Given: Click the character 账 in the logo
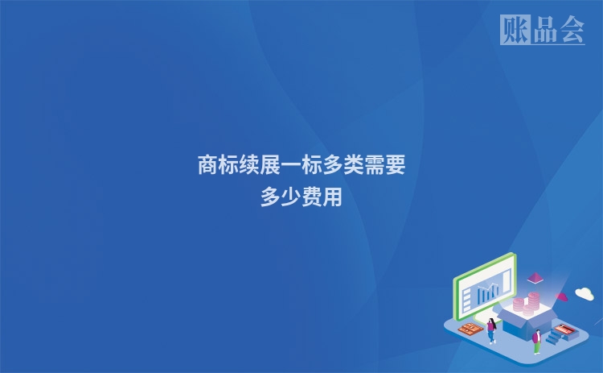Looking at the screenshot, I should coord(514,30).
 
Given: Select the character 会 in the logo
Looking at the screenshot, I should coord(571,30).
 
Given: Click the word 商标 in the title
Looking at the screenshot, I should coord(218,166).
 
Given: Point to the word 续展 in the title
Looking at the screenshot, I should coord(260,166).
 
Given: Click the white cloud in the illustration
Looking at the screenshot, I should coord(584,293).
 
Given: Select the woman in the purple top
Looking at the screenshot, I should coord(491,330).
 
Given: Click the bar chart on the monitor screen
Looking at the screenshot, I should coord(486,292).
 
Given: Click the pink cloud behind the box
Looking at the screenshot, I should coord(563,296).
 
